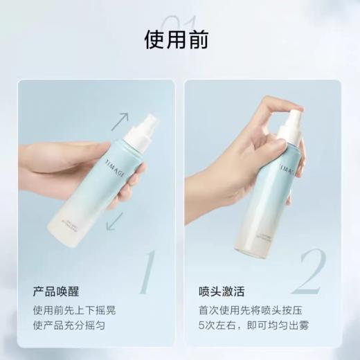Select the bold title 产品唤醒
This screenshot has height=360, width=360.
coord(55,291)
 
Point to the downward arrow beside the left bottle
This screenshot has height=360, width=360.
coord(115,221)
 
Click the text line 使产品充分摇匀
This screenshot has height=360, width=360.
coord(69,326)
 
